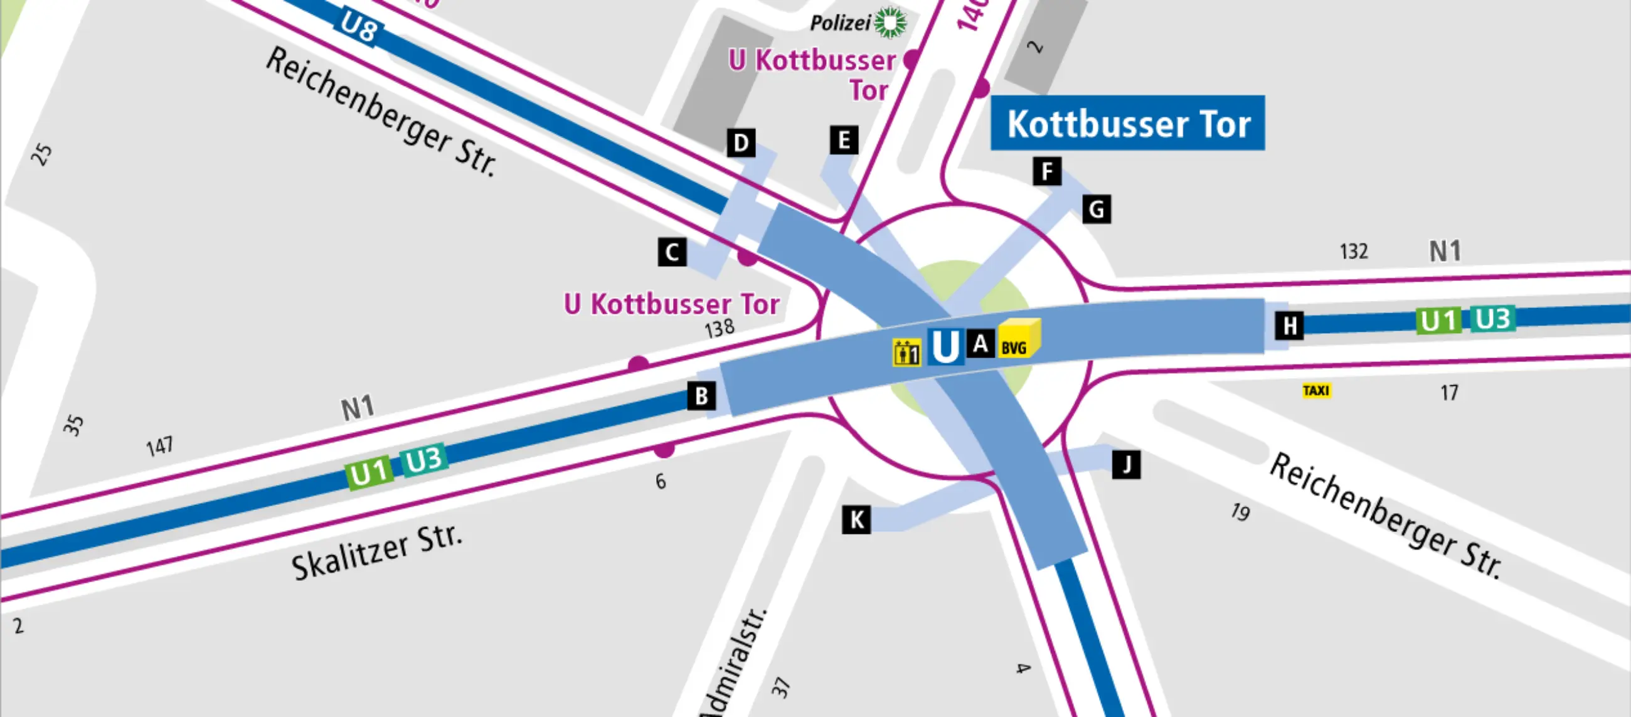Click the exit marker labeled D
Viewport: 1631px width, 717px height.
(741, 143)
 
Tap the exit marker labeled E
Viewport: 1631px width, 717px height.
(844, 140)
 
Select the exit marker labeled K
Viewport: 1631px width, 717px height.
(857, 520)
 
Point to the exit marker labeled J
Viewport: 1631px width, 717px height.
(1127, 465)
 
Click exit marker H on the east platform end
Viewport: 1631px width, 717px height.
(1290, 326)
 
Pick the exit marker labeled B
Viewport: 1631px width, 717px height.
(701, 396)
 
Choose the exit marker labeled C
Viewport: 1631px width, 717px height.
(672, 252)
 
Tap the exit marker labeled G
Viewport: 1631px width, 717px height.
(1097, 209)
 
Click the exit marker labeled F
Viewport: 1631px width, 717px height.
(1047, 171)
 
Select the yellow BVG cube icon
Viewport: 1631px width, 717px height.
(1018, 339)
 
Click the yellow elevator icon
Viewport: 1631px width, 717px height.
(906, 352)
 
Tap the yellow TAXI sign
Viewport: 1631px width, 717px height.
(1316, 391)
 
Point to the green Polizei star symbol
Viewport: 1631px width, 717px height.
(891, 23)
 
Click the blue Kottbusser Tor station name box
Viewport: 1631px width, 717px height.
(1128, 123)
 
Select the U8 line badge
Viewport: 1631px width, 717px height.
(358, 27)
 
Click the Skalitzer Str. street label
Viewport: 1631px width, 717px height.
(378, 553)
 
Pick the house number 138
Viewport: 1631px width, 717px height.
(720, 328)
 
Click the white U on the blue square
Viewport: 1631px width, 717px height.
(945, 346)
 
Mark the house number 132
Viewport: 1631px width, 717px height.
(1354, 252)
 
